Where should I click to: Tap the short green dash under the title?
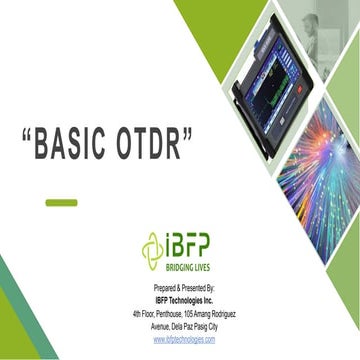[x=61, y=202]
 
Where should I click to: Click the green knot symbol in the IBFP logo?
[x=152, y=247]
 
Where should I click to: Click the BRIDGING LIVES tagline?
[x=187, y=268]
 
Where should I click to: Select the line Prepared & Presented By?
[x=184, y=289]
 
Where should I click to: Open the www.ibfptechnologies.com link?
[x=184, y=340]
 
